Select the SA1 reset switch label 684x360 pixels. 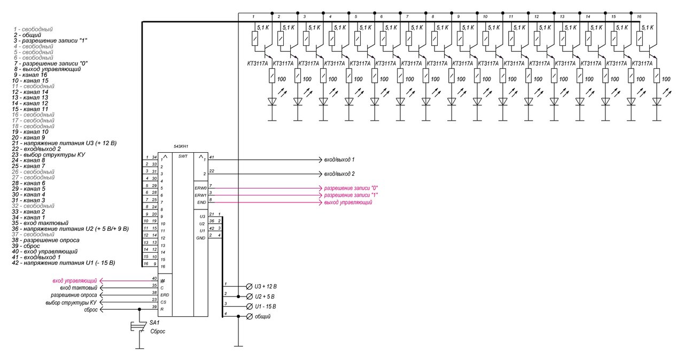pos(154,323)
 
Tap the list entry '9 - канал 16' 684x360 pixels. pos(35,75)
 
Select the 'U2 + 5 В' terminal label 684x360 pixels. pos(265,296)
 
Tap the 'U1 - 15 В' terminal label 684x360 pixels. pos(267,306)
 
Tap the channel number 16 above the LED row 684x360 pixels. pos(639,17)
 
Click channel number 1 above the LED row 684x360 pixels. pos(254,17)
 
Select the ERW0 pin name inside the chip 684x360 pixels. pos(200,188)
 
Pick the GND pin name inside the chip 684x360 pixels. pos(201,238)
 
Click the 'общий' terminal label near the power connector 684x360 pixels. pos(262,316)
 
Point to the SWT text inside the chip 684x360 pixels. pos(183,156)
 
